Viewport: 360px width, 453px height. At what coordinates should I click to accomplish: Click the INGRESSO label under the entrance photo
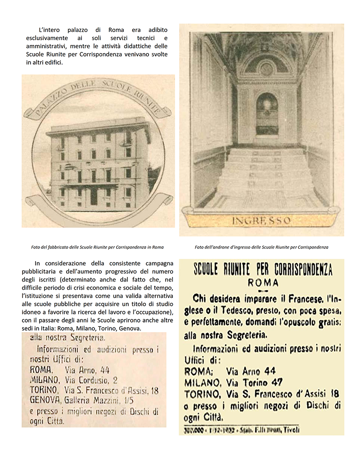point(261,221)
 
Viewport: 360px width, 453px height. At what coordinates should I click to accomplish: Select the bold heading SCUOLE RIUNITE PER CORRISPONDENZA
point(263,269)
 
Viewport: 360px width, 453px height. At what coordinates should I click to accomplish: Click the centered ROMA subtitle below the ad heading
point(263,283)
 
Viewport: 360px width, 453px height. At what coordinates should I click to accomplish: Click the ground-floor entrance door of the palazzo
point(94,196)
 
